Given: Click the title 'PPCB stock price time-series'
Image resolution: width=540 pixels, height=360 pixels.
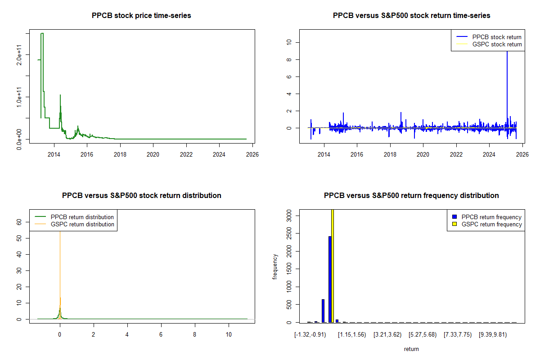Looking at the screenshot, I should (141, 16).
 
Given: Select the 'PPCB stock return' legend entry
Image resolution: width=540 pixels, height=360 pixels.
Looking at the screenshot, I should (497, 37).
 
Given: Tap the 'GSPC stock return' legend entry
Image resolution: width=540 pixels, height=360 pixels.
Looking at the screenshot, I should (497, 45).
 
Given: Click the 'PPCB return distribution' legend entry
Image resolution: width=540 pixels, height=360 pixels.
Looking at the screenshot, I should (82, 217).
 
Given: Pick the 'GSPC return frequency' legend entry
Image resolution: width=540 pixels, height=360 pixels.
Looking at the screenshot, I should (491, 224).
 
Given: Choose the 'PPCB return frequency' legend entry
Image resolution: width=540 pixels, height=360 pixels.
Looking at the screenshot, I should (491, 217).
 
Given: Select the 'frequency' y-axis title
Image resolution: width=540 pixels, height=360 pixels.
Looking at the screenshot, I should (275, 266).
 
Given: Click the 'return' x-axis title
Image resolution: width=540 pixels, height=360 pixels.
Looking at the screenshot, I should (411, 349).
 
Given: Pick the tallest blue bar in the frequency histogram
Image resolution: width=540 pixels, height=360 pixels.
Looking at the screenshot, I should (330, 279).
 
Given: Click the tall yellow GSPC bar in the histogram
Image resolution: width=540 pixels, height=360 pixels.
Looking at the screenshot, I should (333, 265).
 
